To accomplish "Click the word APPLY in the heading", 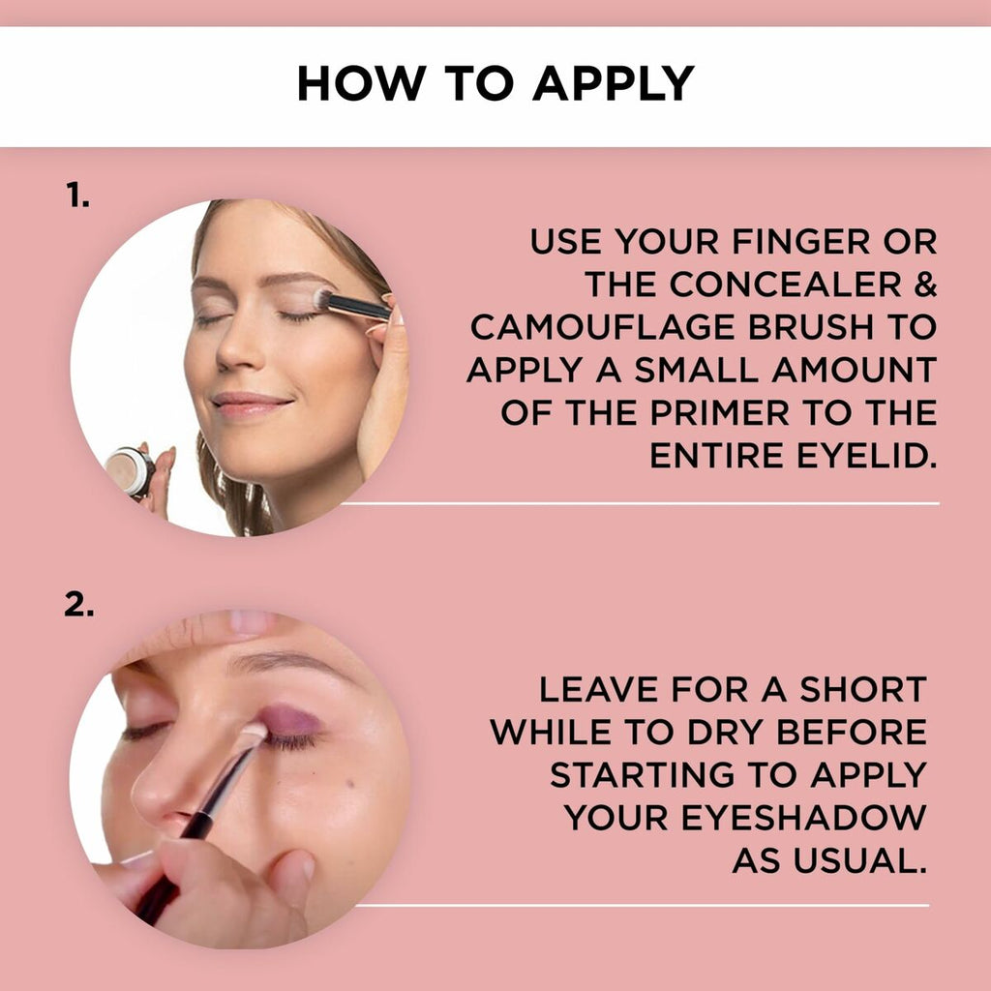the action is pos(614,83).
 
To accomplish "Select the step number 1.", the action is pos(77,195).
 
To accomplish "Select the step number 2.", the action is pos(79,605).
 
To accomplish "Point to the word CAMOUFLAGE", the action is pos(603,327).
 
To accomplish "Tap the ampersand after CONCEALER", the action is pos(924,285).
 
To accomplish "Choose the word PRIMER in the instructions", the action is pos(720,412).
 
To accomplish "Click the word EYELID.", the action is pos(866,456).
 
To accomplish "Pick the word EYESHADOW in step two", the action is pos(803,817).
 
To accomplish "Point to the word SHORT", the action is pos(863,689).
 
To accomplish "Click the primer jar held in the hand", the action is pos(131,471).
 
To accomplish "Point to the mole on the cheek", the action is pos(350,784).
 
